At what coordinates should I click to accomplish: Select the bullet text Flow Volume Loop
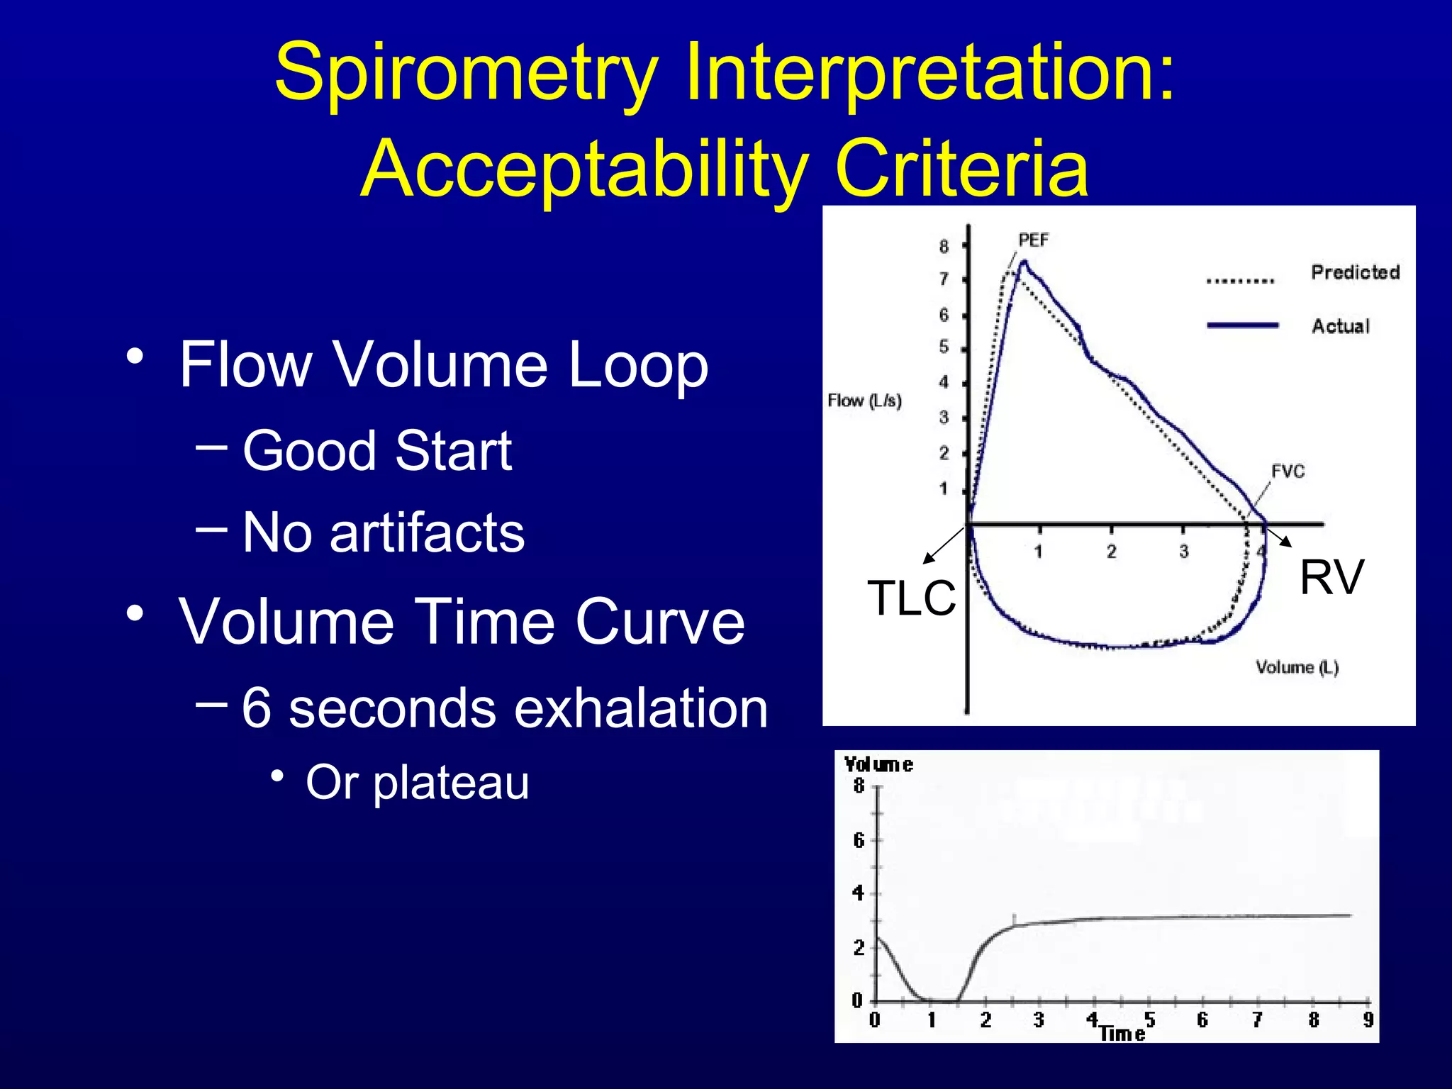click(x=443, y=364)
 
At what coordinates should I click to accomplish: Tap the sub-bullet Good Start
click(x=376, y=451)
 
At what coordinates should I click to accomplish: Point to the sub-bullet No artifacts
click(x=383, y=532)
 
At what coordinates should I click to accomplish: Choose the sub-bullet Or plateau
click(x=417, y=783)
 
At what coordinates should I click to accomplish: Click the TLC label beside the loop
click(x=911, y=598)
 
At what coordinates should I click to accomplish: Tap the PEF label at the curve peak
click(x=1033, y=240)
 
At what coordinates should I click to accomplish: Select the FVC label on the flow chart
click(x=1288, y=472)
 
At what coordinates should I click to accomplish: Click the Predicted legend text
click(x=1355, y=272)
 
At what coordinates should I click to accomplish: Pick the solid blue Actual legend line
click(x=1242, y=325)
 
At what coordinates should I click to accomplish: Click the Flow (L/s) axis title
click(x=864, y=401)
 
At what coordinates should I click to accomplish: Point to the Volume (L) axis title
click(x=1297, y=668)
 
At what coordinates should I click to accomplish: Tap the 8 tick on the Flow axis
click(x=944, y=247)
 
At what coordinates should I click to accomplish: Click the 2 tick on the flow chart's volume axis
click(x=1111, y=552)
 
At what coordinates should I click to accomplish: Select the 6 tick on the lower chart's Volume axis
click(x=859, y=841)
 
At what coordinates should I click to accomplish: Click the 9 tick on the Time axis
click(x=1368, y=1020)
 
